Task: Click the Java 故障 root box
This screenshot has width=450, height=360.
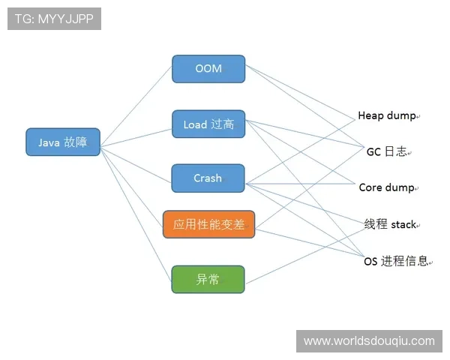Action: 63,142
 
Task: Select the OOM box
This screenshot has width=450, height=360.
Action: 208,68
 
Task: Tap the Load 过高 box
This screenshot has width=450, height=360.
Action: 208,124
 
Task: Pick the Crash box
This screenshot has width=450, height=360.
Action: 208,178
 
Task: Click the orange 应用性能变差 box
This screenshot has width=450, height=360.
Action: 209,224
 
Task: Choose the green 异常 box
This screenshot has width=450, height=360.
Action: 208,279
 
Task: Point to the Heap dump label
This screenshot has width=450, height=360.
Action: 386,115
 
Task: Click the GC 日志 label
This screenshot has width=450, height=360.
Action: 386,151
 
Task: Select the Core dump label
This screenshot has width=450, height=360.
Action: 386,187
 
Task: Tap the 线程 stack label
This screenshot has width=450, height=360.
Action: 390,224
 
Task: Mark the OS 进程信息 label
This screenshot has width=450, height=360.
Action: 396,261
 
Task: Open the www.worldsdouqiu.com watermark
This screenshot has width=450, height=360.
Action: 369,341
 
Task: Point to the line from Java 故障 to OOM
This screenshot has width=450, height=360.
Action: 136,106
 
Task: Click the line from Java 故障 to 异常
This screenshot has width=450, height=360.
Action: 136,211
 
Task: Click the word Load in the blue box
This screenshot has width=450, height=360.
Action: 195,124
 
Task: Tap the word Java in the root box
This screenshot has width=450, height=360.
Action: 49,142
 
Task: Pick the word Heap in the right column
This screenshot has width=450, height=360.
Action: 371,115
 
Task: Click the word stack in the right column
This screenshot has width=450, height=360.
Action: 403,224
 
